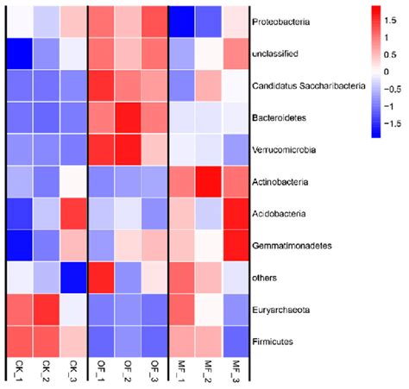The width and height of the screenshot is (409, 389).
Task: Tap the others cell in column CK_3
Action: [74, 278]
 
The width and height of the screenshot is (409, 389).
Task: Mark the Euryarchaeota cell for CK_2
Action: [47, 310]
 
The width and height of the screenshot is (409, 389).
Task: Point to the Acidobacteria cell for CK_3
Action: [74, 214]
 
